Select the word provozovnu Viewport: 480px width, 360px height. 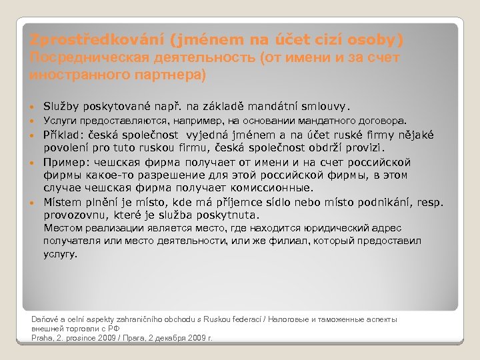73,215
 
